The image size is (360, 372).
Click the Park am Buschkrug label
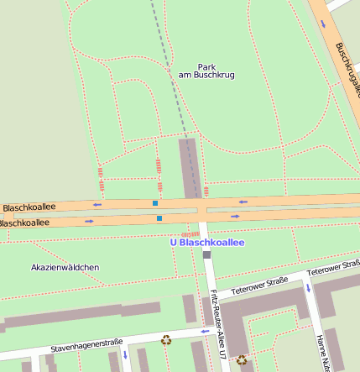tap(206, 71)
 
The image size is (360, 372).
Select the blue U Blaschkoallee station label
tap(207, 243)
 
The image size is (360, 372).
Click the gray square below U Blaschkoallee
tap(206, 254)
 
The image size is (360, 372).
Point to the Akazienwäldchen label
tap(65, 267)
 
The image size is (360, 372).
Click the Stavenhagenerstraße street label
tap(86, 344)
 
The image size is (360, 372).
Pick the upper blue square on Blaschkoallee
tap(155, 203)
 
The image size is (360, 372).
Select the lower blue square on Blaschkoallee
tap(159, 218)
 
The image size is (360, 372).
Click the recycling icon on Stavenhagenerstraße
tap(166, 340)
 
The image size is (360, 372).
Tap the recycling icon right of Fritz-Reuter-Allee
tap(242, 360)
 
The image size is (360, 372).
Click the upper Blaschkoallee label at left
tap(29, 207)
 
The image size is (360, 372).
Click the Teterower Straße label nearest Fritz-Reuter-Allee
tap(259, 285)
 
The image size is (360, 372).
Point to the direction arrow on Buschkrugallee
tap(324, 24)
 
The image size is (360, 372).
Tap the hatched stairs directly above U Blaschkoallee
tap(191, 234)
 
